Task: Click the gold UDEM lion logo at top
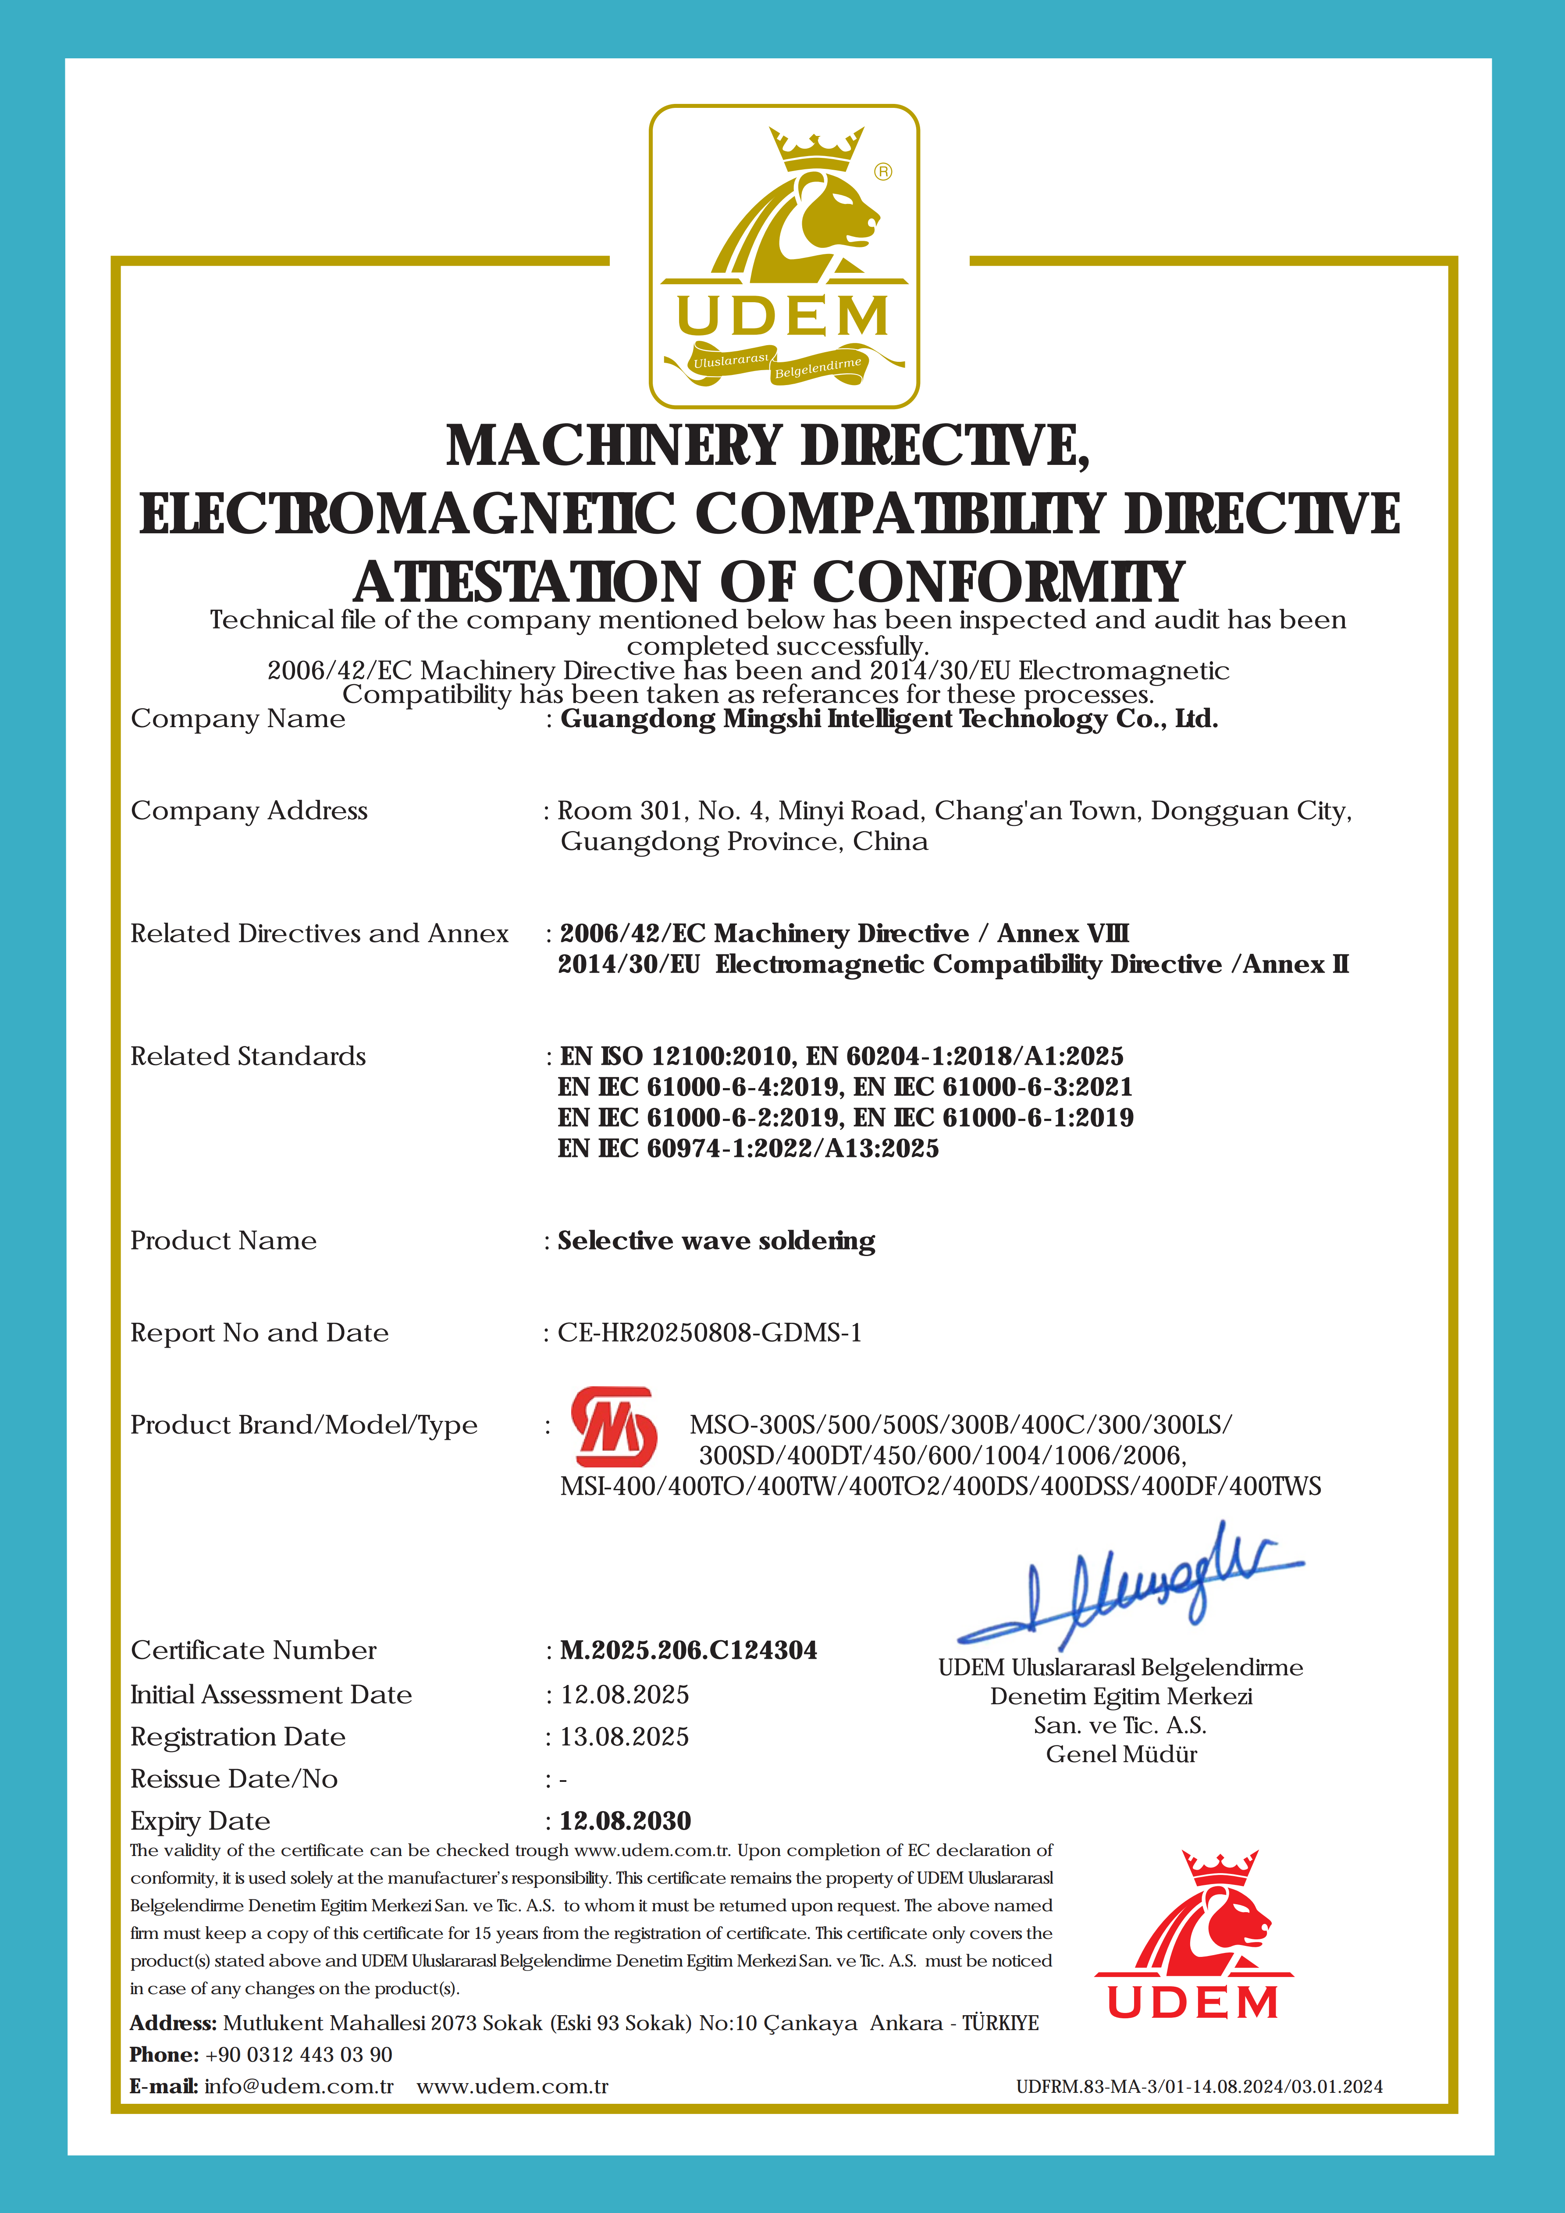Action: [783, 257]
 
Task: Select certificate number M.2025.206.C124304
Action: [688, 1650]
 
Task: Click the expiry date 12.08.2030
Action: [626, 1821]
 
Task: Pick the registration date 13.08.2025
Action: [624, 1737]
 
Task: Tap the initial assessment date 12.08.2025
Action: [624, 1695]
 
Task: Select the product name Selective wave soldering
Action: [716, 1240]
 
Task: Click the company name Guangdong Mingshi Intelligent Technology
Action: [889, 719]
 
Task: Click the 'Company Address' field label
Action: [249, 810]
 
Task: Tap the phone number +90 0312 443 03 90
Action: [299, 2055]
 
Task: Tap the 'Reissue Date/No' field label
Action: [234, 1779]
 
